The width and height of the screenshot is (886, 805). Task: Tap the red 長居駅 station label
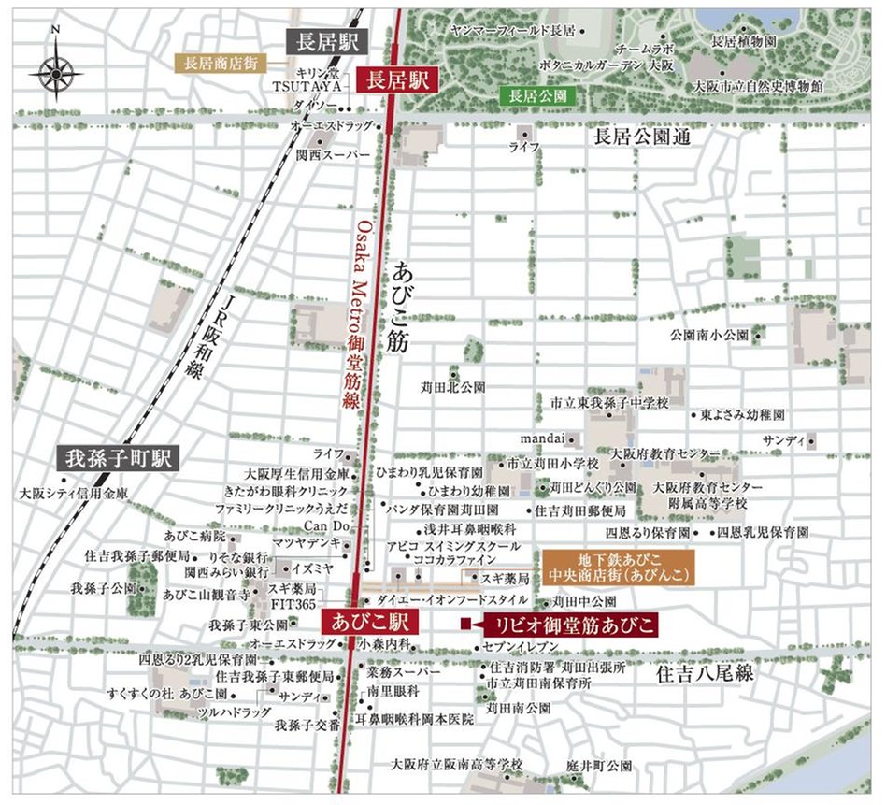coord(396,80)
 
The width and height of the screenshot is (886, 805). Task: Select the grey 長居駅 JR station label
coord(326,40)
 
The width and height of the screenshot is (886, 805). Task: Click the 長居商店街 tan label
coord(221,64)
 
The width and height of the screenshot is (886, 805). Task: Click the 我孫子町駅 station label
coord(117,459)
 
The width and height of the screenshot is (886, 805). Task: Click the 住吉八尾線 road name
coord(702,672)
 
